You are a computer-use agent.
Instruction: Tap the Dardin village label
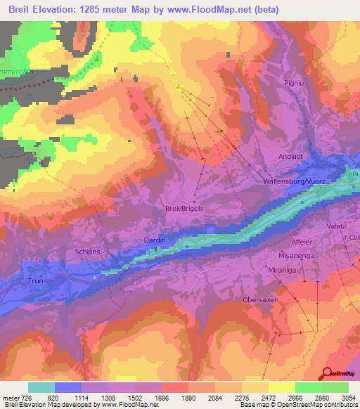coord(155,240)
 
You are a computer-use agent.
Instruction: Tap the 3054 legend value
coord(339,397)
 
